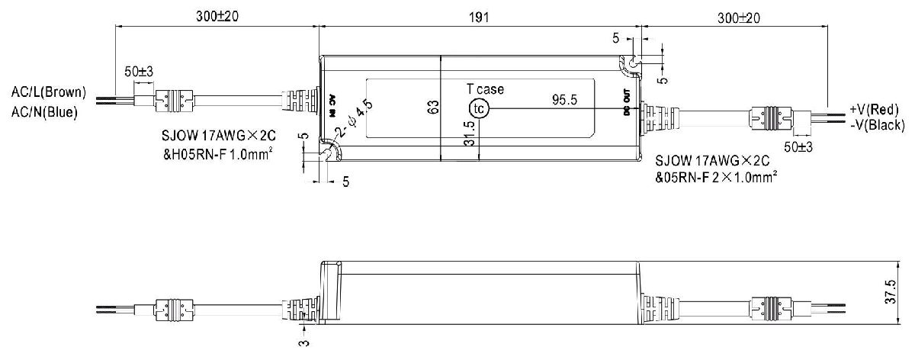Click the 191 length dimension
tap(479, 16)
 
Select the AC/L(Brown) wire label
tap(48, 93)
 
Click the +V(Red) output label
tap(876, 110)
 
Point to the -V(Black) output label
tap(877, 125)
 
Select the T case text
tap(485, 89)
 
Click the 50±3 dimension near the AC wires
tap(139, 71)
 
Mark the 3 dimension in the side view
tap(305, 345)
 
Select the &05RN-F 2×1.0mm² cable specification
tap(716, 179)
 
